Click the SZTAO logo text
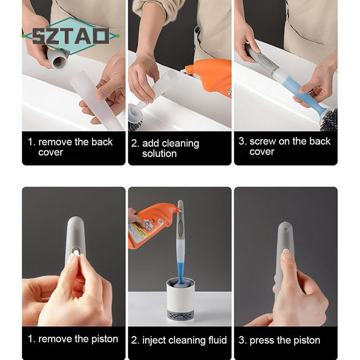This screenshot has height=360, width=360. pos(71,36)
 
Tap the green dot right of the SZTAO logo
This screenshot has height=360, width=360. pos(118,36)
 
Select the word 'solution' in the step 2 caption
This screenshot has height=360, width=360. pos(159,153)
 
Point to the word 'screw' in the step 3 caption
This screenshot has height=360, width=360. pos(263,141)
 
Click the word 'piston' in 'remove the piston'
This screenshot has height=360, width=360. pos(105,339)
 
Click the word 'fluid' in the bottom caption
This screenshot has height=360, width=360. pos(217,340)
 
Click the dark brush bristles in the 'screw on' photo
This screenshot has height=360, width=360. pos(329,119)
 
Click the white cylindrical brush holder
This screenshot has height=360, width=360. pos(180,296)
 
